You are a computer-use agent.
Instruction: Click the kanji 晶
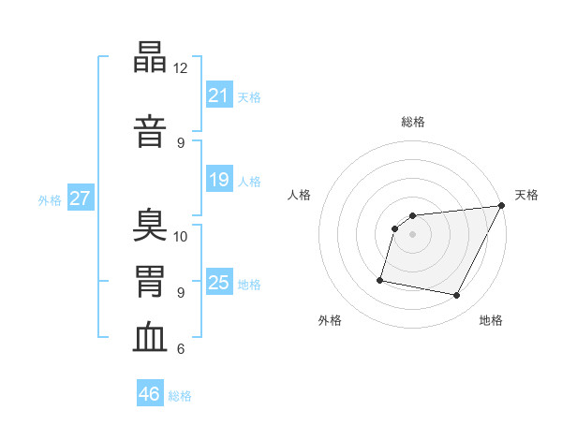click(x=150, y=56)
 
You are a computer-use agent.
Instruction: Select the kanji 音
click(x=150, y=131)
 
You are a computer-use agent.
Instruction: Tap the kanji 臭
click(x=150, y=225)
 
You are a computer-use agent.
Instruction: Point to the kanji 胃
click(x=150, y=281)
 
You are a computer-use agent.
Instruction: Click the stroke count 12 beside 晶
click(x=180, y=68)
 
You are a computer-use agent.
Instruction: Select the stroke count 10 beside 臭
click(x=180, y=237)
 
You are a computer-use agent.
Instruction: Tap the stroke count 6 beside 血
click(x=181, y=348)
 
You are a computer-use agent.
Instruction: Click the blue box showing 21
click(x=219, y=95)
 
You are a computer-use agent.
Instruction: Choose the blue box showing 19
click(x=219, y=179)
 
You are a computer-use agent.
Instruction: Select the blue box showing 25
click(x=219, y=281)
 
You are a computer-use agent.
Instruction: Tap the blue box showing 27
click(x=81, y=198)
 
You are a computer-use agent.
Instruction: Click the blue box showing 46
click(x=150, y=392)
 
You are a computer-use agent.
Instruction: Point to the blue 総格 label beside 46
click(x=180, y=396)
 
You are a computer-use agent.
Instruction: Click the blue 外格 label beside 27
click(x=50, y=200)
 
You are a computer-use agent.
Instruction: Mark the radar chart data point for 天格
click(x=502, y=205)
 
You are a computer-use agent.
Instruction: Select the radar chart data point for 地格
click(x=456, y=296)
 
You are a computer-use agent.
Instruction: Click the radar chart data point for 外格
click(x=380, y=280)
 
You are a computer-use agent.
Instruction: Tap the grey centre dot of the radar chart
click(x=412, y=234)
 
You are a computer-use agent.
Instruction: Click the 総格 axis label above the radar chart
click(x=413, y=122)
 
